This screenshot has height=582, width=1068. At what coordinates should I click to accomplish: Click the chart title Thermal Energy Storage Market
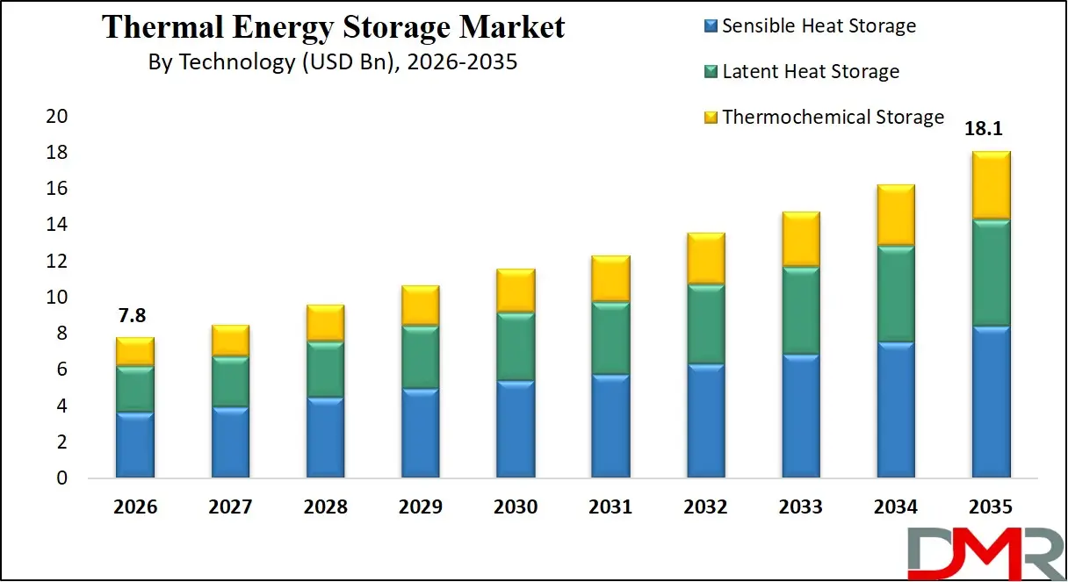[334, 27]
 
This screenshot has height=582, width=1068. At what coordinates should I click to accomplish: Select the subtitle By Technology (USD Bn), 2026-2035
[334, 63]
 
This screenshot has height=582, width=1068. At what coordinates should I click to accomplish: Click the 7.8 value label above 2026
[134, 316]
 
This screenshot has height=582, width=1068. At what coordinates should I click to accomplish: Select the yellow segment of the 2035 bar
[991, 185]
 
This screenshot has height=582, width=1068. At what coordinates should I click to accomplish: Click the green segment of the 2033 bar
[800, 311]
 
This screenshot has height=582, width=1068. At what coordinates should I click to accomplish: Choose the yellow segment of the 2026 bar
[134, 352]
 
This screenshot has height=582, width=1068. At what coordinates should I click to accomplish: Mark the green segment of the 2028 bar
[325, 370]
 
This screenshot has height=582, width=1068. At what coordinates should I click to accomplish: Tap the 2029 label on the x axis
[420, 507]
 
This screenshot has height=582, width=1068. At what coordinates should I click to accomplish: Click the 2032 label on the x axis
[705, 507]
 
